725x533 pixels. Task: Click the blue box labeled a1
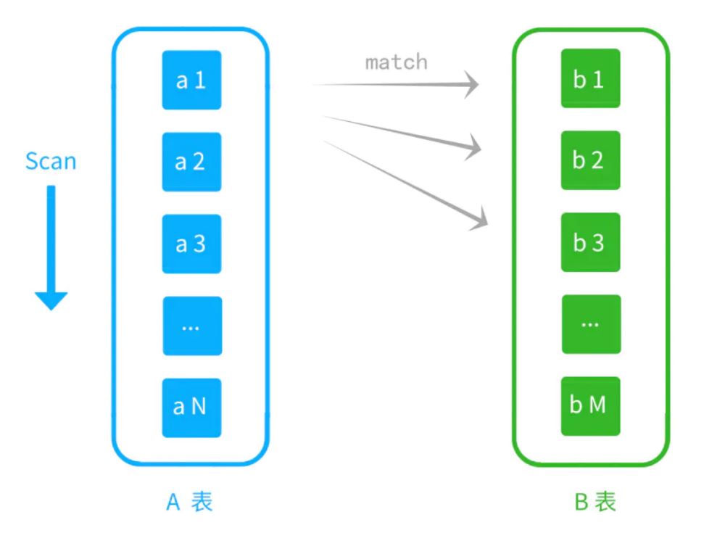191,80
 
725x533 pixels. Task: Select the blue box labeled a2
191,162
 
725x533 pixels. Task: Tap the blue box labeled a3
191,244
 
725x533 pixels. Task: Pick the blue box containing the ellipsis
191,326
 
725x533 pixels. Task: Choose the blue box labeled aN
191,408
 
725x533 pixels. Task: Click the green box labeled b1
590,78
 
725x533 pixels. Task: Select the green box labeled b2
590,160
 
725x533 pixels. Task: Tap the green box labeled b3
590,242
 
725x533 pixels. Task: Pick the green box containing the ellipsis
590,324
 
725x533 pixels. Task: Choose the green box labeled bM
590,406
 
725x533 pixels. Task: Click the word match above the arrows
396,62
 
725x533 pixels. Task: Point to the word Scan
51,161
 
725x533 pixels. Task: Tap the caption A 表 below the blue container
190,502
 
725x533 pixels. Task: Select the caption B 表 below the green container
595,502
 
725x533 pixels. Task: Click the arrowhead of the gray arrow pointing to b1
472,85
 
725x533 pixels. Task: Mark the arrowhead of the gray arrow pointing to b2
474,149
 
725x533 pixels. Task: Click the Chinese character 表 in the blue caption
202,502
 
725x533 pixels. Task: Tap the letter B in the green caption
581,502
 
